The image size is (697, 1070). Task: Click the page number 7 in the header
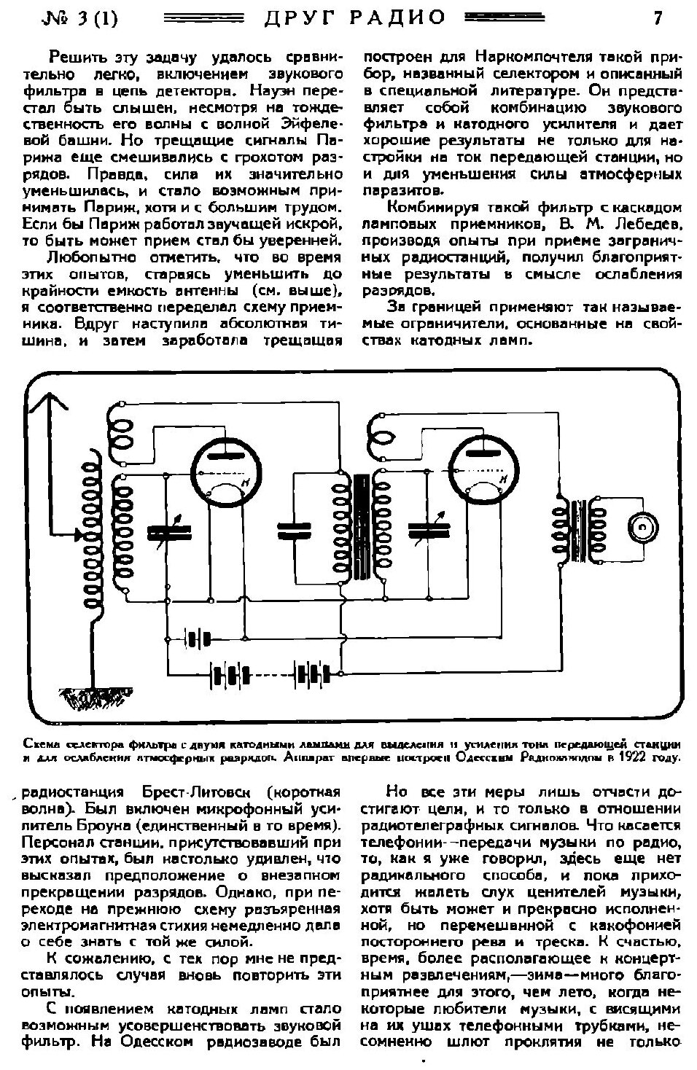(x=658, y=17)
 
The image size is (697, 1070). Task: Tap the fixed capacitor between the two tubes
(x=294, y=531)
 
